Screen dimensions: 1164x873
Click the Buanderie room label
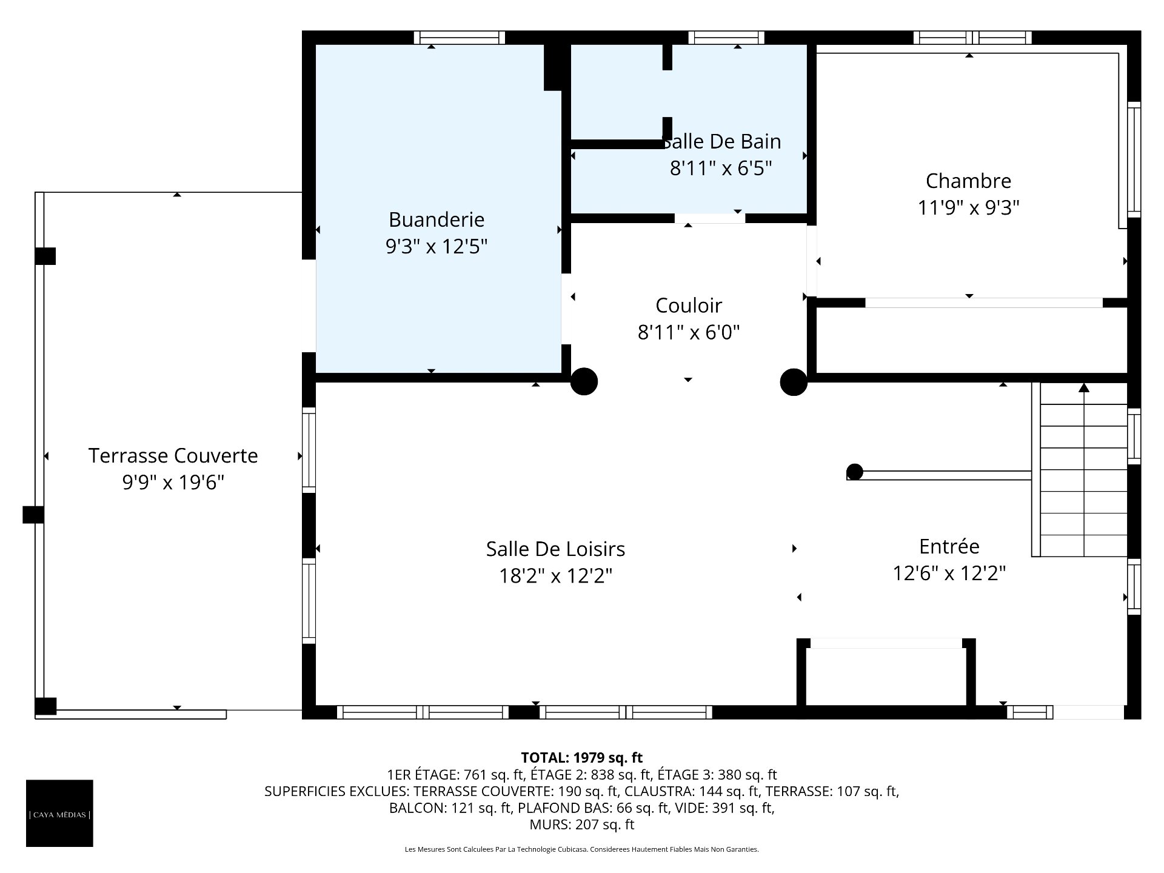(436, 219)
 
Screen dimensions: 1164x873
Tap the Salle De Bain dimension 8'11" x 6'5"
(721, 168)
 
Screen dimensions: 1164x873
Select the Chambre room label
(968, 181)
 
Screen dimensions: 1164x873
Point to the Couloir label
(689, 306)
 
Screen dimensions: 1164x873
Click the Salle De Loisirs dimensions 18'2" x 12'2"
(555, 575)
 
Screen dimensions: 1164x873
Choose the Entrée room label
(949, 546)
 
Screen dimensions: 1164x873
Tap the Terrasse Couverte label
(173, 455)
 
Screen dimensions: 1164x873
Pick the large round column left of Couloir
(584, 382)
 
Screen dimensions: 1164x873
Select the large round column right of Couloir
(794, 382)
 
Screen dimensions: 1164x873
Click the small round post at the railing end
(855, 472)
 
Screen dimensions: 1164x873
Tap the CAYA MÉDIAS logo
(59, 813)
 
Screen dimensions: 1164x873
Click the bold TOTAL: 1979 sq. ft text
(582, 757)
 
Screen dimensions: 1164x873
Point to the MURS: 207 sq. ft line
(582, 824)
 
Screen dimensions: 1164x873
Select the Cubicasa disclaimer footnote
(582, 849)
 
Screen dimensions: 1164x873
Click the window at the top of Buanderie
(460, 38)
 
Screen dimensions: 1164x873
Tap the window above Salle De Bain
(726, 38)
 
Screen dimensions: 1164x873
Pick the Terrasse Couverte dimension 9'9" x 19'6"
(173, 482)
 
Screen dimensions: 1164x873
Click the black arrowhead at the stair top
(1084, 387)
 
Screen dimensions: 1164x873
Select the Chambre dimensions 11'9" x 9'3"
(968, 207)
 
